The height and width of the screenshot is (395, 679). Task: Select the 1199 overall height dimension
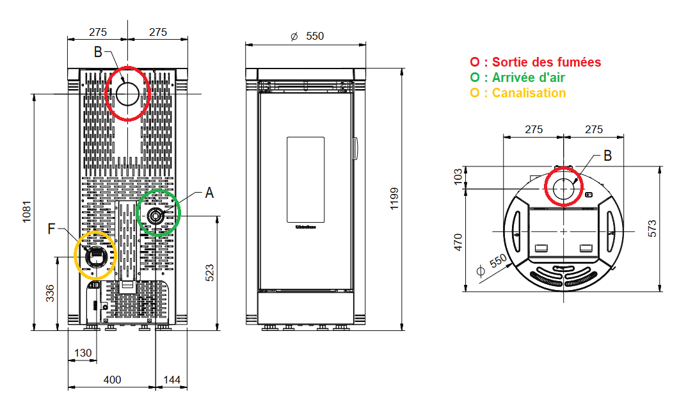(x=394, y=199)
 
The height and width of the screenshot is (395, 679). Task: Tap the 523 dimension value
(x=209, y=272)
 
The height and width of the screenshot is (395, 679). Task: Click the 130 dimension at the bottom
(x=83, y=353)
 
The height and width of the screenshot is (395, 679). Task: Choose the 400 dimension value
(x=112, y=380)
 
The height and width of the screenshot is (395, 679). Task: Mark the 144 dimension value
(x=172, y=380)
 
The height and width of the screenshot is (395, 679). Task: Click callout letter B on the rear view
(x=98, y=52)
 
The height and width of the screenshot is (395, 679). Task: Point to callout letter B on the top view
(x=607, y=155)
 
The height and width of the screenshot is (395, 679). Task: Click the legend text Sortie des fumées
(x=541, y=62)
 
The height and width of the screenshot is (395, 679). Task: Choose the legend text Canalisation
(x=524, y=93)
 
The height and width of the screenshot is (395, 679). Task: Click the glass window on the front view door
(x=306, y=181)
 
